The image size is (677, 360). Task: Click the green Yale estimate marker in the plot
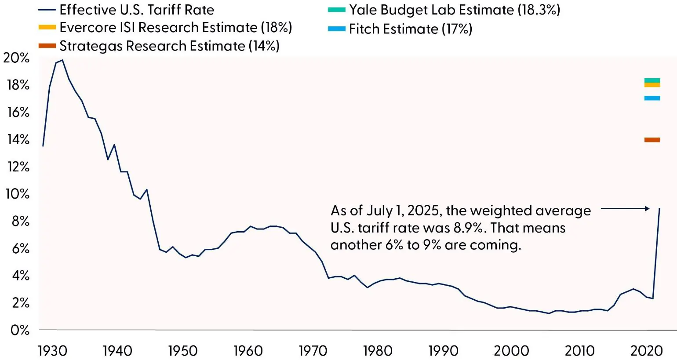652,80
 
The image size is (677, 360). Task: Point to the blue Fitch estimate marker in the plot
652,98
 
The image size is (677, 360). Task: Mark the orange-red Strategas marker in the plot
652,140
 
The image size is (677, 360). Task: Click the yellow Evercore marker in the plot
652,85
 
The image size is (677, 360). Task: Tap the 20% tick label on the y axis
16,58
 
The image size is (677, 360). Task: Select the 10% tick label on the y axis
17,194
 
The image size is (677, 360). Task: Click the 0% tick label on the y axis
20,330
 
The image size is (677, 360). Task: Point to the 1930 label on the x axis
52,351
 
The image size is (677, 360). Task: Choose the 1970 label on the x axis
313,351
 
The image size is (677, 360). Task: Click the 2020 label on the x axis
646,351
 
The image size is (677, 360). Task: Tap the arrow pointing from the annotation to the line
625,208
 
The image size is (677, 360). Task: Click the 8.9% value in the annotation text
466,228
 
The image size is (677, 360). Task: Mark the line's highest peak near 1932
62,60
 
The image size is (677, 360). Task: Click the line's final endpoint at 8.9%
659,208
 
